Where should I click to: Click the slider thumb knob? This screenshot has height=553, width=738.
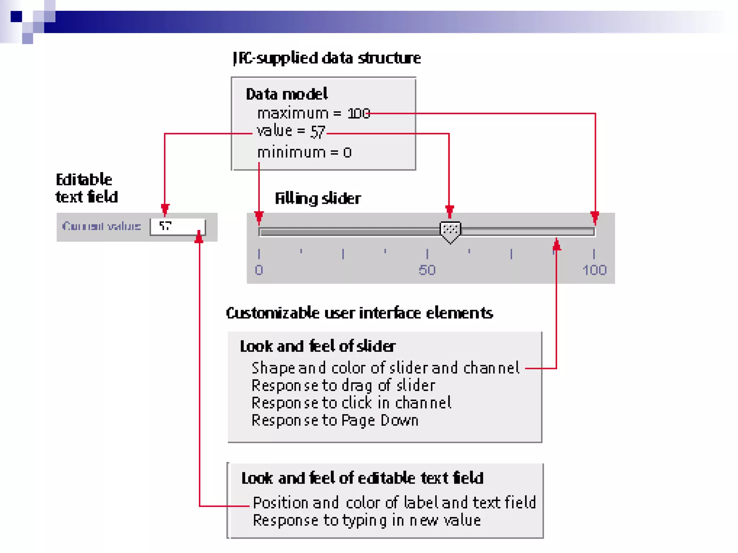(x=450, y=231)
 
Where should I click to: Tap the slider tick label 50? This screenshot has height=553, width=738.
(x=427, y=270)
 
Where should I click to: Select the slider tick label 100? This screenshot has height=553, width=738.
(x=595, y=270)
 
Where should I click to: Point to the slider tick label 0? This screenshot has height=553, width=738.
(x=259, y=270)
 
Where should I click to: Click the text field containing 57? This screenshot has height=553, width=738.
(x=178, y=226)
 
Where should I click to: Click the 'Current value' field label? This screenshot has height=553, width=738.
(x=101, y=226)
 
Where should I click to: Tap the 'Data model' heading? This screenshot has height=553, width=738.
(x=287, y=94)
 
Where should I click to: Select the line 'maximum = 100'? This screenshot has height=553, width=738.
(x=314, y=114)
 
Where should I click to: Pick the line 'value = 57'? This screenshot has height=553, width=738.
(x=291, y=131)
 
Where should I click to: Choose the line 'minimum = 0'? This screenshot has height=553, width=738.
(x=304, y=153)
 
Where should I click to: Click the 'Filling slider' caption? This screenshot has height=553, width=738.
(x=318, y=198)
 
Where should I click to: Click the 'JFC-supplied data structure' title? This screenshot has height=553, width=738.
(x=327, y=58)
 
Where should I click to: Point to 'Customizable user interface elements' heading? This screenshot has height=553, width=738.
(x=359, y=313)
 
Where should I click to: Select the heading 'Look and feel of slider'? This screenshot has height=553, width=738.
(x=318, y=346)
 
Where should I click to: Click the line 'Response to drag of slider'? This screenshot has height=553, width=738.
(x=343, y=386)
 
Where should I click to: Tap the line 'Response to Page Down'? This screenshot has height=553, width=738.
(x=335, y=421)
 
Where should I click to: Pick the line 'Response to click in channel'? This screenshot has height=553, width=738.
(x=351, y=403)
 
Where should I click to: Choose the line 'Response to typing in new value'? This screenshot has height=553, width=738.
(x=367, y=521)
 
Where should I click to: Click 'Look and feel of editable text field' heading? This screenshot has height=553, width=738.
(x=362, y=478)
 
